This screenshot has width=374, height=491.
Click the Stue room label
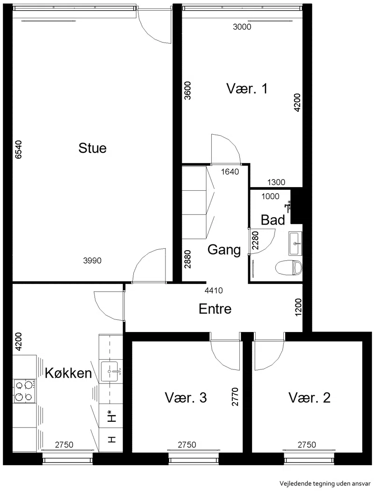pos(92,148)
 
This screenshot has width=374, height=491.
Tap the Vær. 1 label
pos(247,89)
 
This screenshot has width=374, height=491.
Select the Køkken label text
pos(69,373)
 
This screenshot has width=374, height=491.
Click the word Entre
pos(215,309)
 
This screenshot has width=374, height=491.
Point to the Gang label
pos(224,250)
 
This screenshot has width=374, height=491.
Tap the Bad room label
pos(273,220)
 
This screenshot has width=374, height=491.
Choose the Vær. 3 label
pos(186,397)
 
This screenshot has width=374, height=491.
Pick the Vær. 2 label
pos(309,397)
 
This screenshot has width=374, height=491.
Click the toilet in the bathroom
pos(288,268)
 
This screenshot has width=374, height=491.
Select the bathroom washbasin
pos(296,244)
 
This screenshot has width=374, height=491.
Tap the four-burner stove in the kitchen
pos(24,391)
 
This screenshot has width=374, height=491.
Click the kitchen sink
pos(109,371)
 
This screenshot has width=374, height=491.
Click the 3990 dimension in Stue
pos(92,260)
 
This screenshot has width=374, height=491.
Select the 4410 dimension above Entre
pos(214,290)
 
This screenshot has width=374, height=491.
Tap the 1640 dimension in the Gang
pos(230,172)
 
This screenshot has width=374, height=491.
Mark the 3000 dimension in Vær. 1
pos(242,27)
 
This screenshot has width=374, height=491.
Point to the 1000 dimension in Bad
pos(270,196)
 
